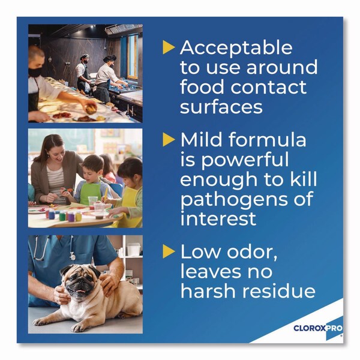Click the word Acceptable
(236, 48)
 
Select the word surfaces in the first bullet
(221, 107)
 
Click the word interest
(218, 218)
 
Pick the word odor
(252, 252)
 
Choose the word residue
(279, 291)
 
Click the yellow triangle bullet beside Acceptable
(169, 47)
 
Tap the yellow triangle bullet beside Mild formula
(169, 140)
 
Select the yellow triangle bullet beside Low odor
(169, 251)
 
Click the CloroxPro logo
(318, 328)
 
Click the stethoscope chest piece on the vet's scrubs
(73, 256)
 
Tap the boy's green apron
(91, 192)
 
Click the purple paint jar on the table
(71, 216)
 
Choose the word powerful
(245, 160)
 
